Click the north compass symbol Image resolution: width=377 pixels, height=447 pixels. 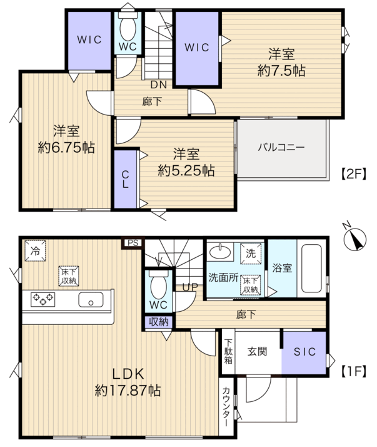354,239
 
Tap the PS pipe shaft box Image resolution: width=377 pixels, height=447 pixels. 133,243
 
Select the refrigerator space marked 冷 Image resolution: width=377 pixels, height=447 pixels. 35,251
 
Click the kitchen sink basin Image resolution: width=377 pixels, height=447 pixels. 91,300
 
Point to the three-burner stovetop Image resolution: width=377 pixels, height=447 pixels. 43,300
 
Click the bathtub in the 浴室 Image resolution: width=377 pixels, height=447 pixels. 311,268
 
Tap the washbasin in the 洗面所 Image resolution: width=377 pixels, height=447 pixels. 220,252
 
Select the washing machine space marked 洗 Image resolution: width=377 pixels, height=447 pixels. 251,254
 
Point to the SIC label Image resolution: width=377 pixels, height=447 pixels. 304,352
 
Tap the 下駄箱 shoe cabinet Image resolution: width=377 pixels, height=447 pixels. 228,351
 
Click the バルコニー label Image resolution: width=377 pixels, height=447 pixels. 281,147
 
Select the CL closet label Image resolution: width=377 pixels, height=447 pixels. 125,180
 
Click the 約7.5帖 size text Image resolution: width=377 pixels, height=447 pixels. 281,71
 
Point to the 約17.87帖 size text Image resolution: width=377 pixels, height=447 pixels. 128,390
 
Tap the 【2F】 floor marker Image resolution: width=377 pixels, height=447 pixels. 353,173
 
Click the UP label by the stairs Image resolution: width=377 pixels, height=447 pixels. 190,287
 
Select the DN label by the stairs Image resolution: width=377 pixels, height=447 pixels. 159,85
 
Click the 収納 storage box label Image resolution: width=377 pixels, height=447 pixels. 159,322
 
